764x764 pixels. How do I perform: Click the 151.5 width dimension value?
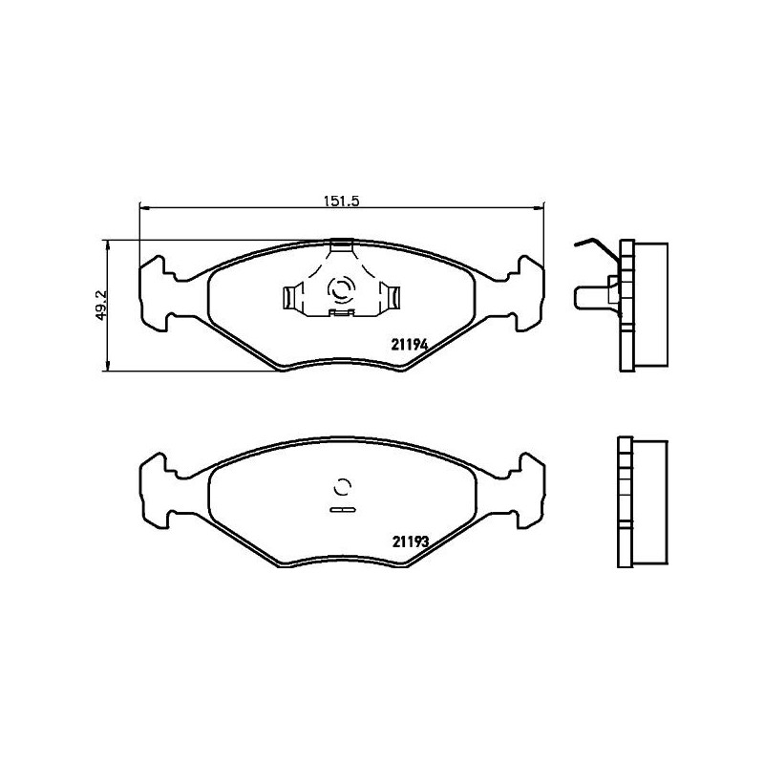[341, 201]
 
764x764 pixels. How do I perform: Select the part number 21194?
[410, 348]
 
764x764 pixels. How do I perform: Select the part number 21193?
[410, 541]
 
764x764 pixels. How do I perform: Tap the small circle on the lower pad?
[341, 486]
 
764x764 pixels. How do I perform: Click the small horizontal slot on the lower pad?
[341, 510]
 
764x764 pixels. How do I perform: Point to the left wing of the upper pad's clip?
[292, 298]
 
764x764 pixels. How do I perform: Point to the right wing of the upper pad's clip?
[390, 298]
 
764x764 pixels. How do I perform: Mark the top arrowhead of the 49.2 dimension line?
[107, 244]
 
